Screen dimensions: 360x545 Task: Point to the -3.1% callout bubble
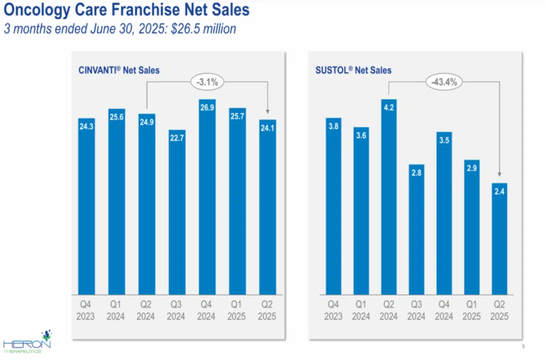coord(208,82)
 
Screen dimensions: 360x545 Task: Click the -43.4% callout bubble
coord(444,82)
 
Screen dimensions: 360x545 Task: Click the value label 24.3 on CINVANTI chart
coord(86,127)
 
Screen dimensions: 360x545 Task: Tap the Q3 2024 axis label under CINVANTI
coord(177,311)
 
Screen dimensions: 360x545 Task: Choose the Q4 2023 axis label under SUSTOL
coord(333,311)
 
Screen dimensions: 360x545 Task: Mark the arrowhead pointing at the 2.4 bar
coord(500,173)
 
